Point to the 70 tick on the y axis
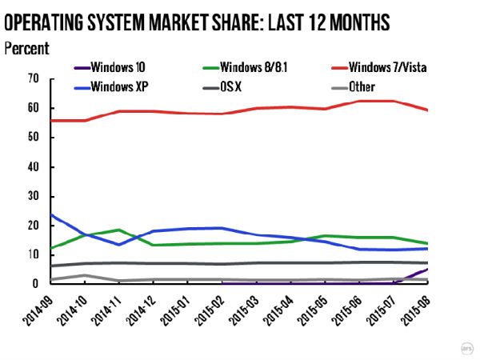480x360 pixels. coord(33,78)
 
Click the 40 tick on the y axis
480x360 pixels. coord(33,166)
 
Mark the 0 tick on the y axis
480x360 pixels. coord(36,283)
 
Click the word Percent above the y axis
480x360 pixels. coord(26,48)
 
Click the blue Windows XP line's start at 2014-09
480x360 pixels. coord(50,214)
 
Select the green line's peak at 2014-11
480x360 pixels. coord(119,230)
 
